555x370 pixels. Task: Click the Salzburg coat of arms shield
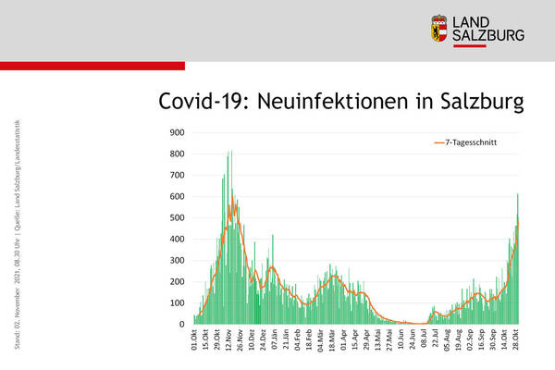coord(440,28)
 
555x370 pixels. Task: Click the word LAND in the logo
coord(476,20)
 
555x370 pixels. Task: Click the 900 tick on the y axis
coord(173,132)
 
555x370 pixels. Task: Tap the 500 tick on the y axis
coord(173,217)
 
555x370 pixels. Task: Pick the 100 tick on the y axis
coord(173,303)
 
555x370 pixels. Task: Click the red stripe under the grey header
coord(92,66)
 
